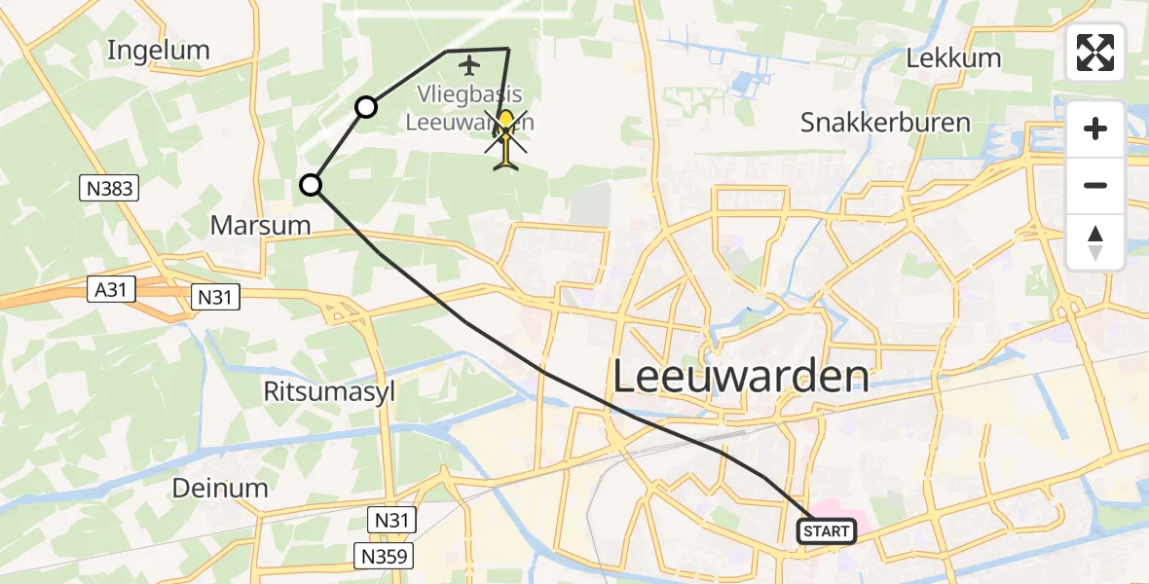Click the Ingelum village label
click(x=158, y=50)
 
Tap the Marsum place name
click(x=260, y=226)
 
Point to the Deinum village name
click(x=220, y=487)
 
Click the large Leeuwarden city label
click(x=741, y=376)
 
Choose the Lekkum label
click(x=953, y=58)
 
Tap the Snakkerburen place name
click(x=885, y=123)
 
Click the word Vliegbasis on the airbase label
click(x=470, y=95)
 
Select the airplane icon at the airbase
click(x=470, y=66)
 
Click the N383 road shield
click(x=110, y=189)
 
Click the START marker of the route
click(x=827, y=531)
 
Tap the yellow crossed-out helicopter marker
click(x=506, y=139)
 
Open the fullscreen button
click(x=1095, y=53)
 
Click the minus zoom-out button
click(x=1095, y=185)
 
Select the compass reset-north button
click(x=1095, y=241)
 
